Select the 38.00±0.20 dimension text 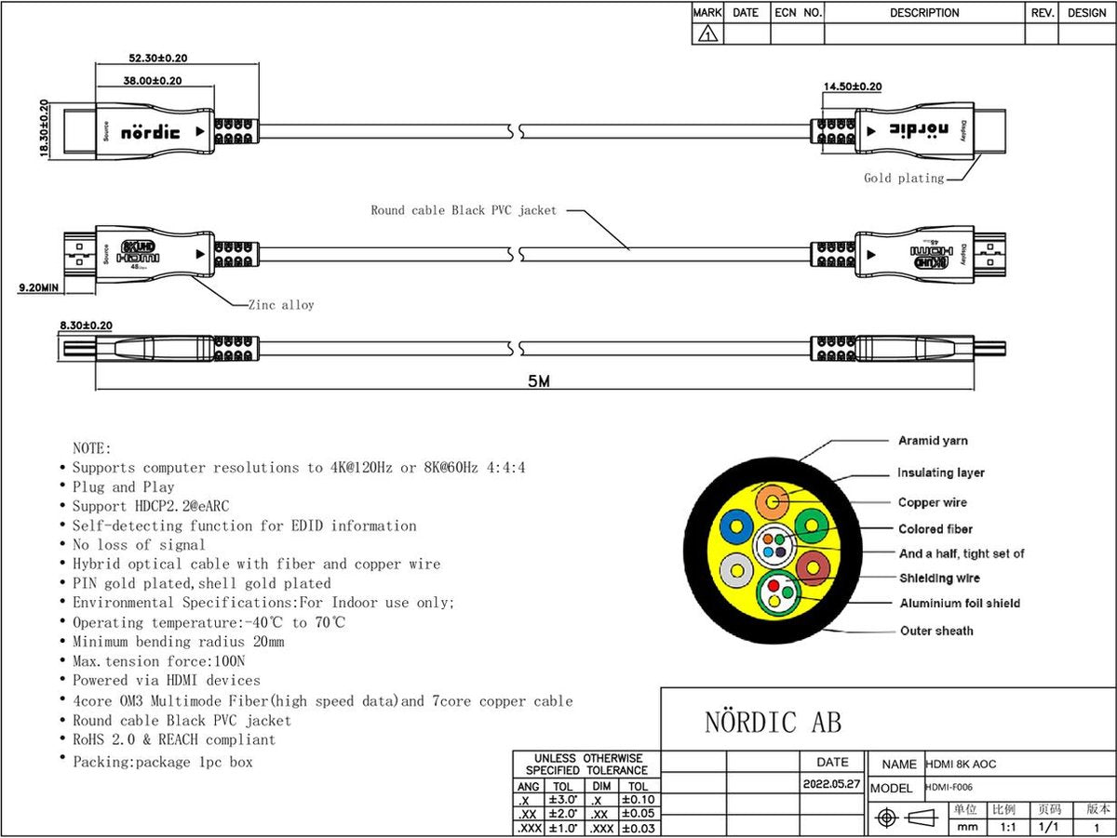[x=152, y=81]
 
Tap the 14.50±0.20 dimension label [x=852, y=86]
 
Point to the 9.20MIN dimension [x=38, y=288]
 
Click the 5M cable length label [x=538, y=382]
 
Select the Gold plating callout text [x=903, y=178]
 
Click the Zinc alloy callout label [x=281, y=304]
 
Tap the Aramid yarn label [x=933, y=441]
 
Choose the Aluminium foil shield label [x=960, y=604]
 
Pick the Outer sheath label [x=936, y=631]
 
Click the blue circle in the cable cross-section [x=735, y=525]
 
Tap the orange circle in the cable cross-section [x=772, y=502]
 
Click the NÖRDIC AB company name [x=773, y=723]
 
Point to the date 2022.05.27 [x=831, y=784]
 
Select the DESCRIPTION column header [x=924, y=13]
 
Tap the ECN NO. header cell [x=798, y=13]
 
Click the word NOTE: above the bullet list [x=92, y=448]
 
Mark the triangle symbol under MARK [x=707, y=35]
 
